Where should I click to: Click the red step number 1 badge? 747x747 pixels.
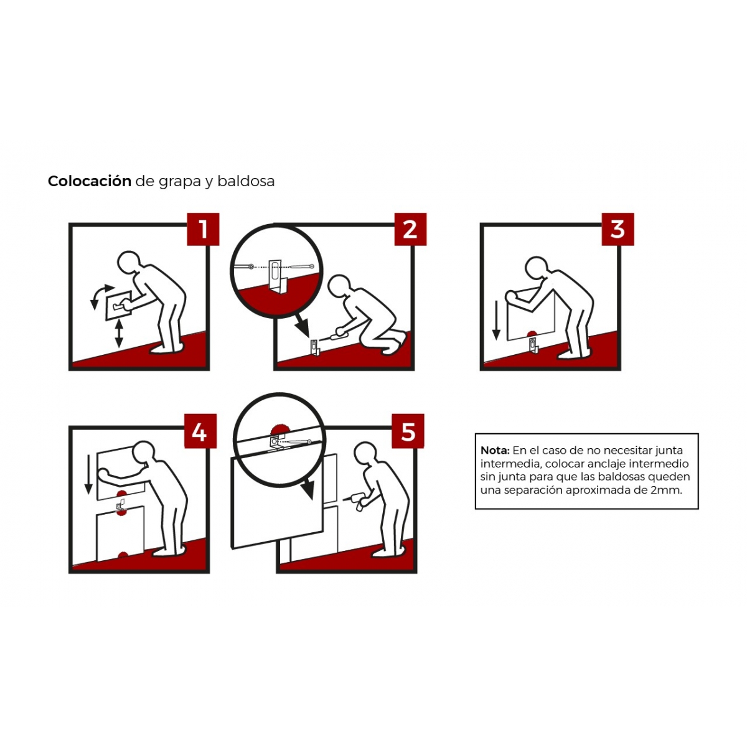pyautogui.click(x=203, y=228)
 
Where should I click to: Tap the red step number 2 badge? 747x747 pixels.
pyautogui.click(x=410, y=228)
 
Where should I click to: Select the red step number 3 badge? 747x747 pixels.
pyautogui.click(x=618, y=228)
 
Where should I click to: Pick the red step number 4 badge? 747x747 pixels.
pyautogui.click(x=200, y=431)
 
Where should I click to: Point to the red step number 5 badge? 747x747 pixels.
pyautogui.click(x=407, y=431)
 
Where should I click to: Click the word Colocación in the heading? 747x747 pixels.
pyautogui.click(x=90, y=181)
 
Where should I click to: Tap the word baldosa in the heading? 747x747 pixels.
pyautogui.click(x=246, y=181)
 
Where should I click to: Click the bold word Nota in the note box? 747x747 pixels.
pyautogui.click(x=495, y=450)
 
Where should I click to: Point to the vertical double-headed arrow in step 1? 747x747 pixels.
pyautogui.click(x=119, y=332)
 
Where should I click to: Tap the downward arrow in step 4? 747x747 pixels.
pyautogui.click(x=88, y=474)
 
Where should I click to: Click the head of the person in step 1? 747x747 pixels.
pyautogui.click(x=128, y=263)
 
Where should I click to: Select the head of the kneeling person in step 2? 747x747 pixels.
pyautogui.click(x=339, y=287)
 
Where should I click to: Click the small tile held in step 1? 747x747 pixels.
pyautogui.click(x=119, y=305)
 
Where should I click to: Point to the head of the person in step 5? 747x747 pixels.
pyautogui.click(x=365, y=454)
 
